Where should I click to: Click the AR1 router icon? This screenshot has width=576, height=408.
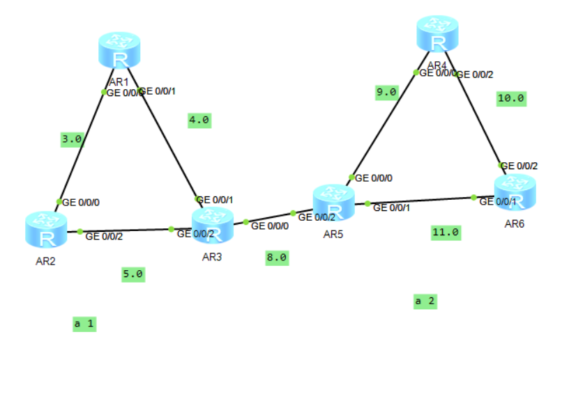click(x=119, y=50)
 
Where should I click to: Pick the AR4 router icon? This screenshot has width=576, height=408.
click(x=437, y=34)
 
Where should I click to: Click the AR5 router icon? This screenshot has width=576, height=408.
click(x=333, y=203)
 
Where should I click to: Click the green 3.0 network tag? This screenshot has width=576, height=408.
click(x=72, y=139)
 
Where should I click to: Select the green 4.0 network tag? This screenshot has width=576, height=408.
click(x=199, y=120)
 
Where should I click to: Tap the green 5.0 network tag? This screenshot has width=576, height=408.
click(x=132, y=274)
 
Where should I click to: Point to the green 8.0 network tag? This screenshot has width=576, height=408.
click(x=276, y=258)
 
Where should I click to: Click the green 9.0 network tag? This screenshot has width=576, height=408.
click(x=386, y=92)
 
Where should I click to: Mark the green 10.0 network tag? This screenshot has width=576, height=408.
click(x=510, y=98)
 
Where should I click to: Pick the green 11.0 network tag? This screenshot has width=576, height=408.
click(x=446, y=233)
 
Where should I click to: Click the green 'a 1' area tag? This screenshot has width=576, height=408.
click(x=84, y=324)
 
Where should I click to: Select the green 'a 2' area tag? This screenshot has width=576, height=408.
click(x=425, y=301)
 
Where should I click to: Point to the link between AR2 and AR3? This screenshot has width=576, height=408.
click(x=126, y=230)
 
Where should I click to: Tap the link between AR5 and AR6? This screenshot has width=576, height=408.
click(x=418, y=201)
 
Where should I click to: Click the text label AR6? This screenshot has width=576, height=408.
click(x=515, y=223)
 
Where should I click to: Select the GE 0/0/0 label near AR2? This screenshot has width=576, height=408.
click(x=81, y=203)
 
